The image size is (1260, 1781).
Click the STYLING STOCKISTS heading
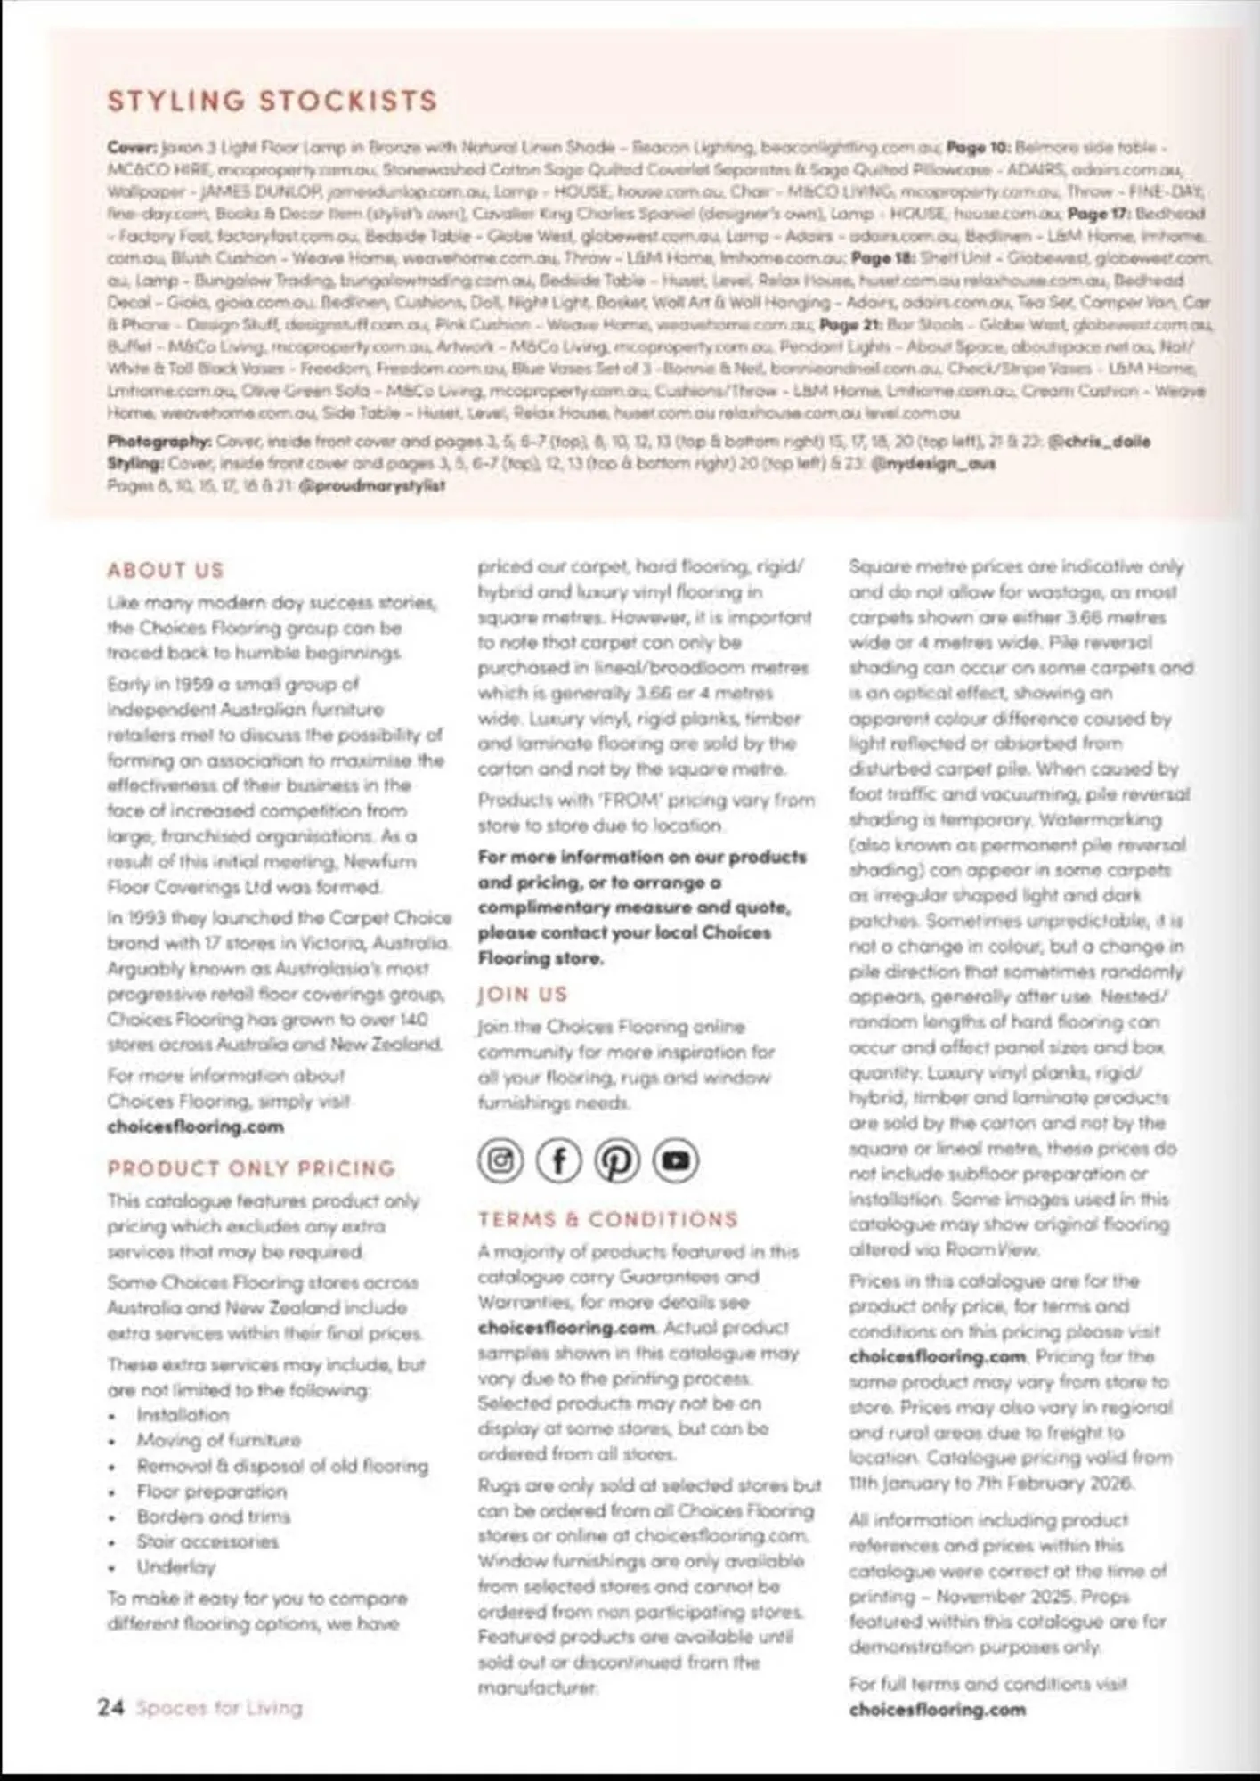pos(272,102)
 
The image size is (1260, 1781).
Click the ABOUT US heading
pos(166,570)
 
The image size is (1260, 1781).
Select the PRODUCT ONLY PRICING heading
pos(251,1168)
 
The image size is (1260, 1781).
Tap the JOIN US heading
pos(522,995)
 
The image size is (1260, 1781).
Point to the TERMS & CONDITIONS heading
pos(607,1219)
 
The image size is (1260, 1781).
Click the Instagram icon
pos(500,1160)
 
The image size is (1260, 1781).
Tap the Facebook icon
pos(558,1160)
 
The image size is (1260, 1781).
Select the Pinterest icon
pos(617,1160)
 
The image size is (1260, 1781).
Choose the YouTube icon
pos(676,1160)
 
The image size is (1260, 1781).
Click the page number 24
pos(110,1707)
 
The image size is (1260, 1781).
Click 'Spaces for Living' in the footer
pos(219,1708)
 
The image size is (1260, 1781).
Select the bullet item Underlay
pos(175,1566)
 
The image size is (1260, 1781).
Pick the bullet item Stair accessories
pos(207,1541)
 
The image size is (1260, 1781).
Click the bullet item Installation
pos(183,1414)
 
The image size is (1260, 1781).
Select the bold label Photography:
pos(159,441)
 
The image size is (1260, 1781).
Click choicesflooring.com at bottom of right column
pos(937,1709)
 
